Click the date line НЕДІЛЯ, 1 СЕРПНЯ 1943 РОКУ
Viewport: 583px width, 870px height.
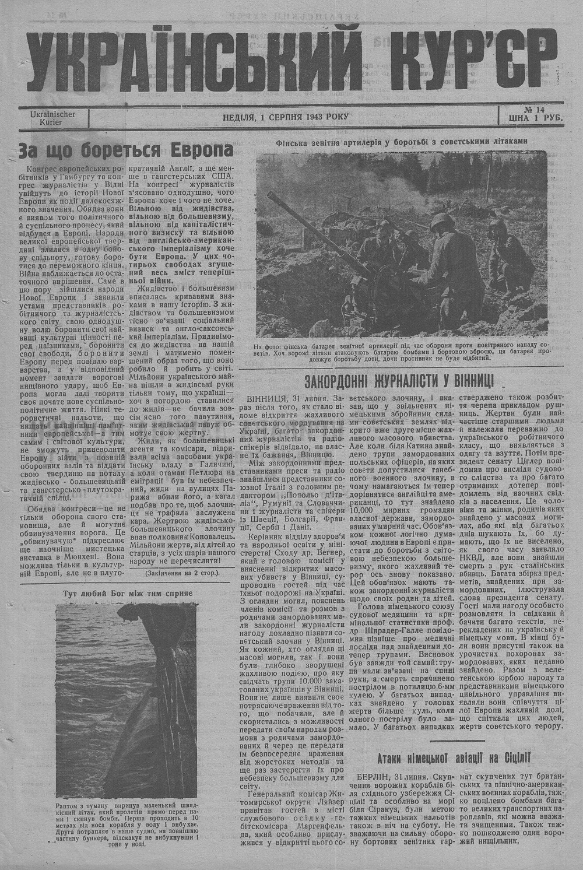click(x=286, y=117)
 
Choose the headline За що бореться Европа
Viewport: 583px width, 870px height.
click(x=125, y=151)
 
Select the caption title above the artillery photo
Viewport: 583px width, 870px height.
click(x=402, y=141)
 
